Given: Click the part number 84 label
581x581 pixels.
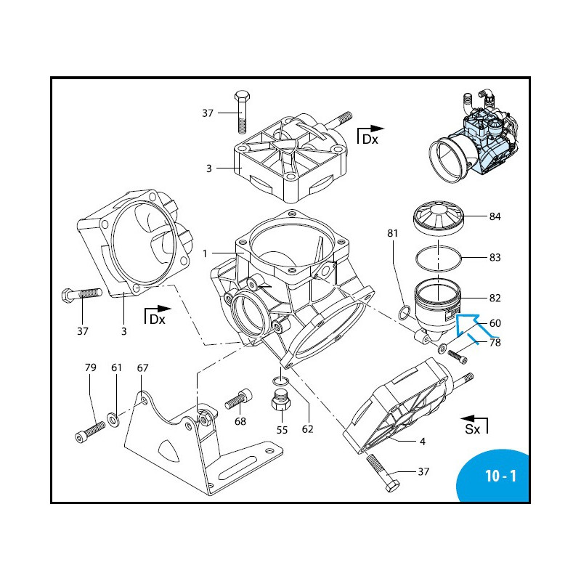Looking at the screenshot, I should click(x=495, y=216).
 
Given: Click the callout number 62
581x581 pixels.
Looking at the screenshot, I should click(x=307, y=429).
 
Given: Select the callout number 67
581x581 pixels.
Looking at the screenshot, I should click(x=142, y=368).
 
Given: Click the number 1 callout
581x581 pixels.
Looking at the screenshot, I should click(x=206, y=253).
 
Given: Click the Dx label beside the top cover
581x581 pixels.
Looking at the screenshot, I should click(x=370, y=139).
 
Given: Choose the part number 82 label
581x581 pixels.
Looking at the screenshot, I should click(x=495, y=298).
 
